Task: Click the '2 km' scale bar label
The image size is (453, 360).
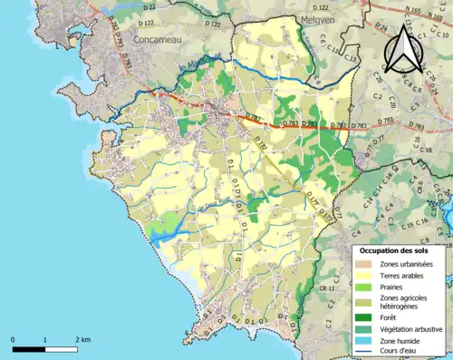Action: [83, 340]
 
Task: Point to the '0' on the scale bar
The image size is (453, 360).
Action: [13, 340]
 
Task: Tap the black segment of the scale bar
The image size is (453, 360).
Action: [29, 348]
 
